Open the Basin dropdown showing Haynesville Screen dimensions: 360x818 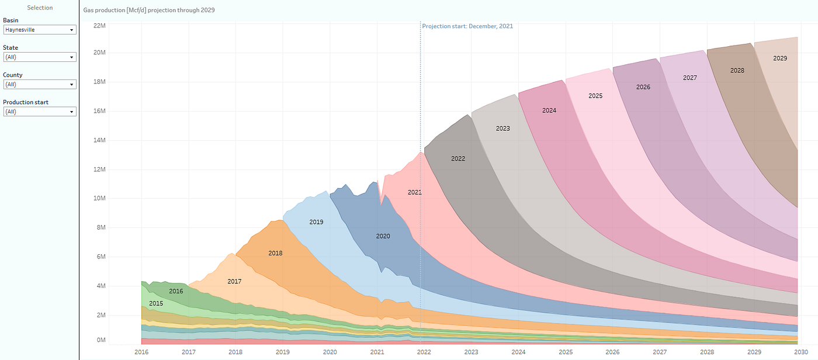40,30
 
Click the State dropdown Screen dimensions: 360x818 40,57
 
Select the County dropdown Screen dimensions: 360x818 40,84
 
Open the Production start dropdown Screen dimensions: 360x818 40,112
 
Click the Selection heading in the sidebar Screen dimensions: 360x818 40,8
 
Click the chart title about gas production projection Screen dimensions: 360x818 149,11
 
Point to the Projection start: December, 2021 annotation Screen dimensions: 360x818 467,26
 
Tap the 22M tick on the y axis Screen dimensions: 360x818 99,26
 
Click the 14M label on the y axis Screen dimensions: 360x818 99,140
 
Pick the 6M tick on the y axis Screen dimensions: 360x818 99,257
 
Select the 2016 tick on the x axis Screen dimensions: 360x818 141,352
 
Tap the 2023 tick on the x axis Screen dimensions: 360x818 471,352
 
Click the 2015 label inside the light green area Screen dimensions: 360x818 156,304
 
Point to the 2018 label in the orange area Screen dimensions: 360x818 275,253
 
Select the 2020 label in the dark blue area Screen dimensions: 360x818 383,236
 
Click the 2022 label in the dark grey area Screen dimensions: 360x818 458,158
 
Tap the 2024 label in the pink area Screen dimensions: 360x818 549,110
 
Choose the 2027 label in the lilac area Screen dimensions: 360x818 690,78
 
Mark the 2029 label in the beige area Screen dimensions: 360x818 780,58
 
